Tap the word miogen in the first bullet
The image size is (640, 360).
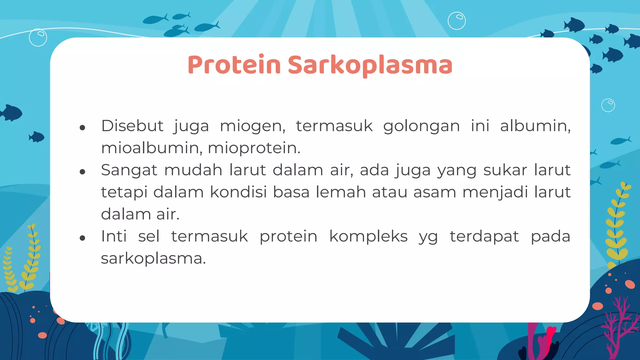coord(252,127)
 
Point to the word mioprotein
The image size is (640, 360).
coord(254,148)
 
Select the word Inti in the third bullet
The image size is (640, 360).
coord(114,236)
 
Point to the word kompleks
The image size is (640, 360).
coord(368,237)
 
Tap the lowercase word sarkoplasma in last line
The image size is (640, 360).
coord(153,259)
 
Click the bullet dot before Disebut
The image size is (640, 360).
coord(82,127)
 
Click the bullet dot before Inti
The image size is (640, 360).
coord(82,238)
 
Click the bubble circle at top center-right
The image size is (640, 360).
coord(457,21)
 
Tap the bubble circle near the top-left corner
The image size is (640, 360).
coord(38,37)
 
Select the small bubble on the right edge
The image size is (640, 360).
coord(608,105)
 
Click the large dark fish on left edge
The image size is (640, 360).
coord(11,113)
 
